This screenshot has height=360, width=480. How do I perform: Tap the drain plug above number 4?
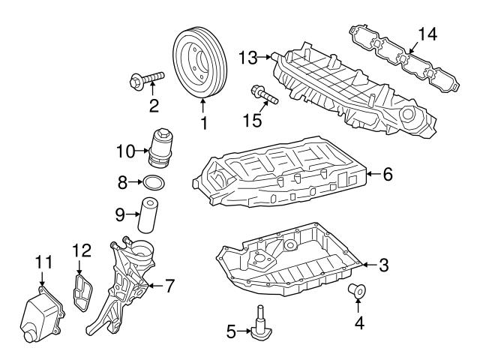[x=358, y=289]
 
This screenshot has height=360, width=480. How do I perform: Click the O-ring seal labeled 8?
[x=154, y=182]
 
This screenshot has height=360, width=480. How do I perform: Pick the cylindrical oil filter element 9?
[x=150, y=215]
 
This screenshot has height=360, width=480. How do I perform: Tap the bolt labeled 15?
[x=263, y=95]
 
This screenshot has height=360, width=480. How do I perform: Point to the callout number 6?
[x=388, y=175]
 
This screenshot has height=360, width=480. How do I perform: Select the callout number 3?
[x=383, y=265]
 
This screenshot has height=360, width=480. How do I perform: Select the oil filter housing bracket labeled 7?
[x=124, y=285]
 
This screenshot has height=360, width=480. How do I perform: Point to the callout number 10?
[x=124, y=151]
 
